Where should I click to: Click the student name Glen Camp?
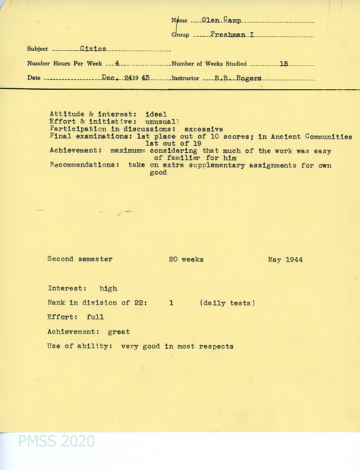click(x=221, y=20)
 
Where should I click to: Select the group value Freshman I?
click(x=232, y=34)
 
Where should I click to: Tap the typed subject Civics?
click(x=93, y=48)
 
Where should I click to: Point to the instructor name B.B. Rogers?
click(x=238, y=78)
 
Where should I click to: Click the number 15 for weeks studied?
click(x=283, y=64)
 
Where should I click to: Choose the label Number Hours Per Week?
click(x=64, y=63)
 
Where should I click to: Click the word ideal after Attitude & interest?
click(x=156, y=114)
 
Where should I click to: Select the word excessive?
click(x=203, y=129)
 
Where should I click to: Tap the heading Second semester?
click(x=80, y=259)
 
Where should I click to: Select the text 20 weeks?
click(x=186, y=259)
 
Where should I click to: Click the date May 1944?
click(x=285, y=259)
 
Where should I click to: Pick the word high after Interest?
click(x=108, y=289)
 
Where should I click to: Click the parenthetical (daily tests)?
click(x=227, y=303)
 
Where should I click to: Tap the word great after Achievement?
click(x=119, y=332)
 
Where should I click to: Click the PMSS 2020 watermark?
click(x=56, y=441)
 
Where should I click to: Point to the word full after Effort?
click(x=95, y=317)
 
